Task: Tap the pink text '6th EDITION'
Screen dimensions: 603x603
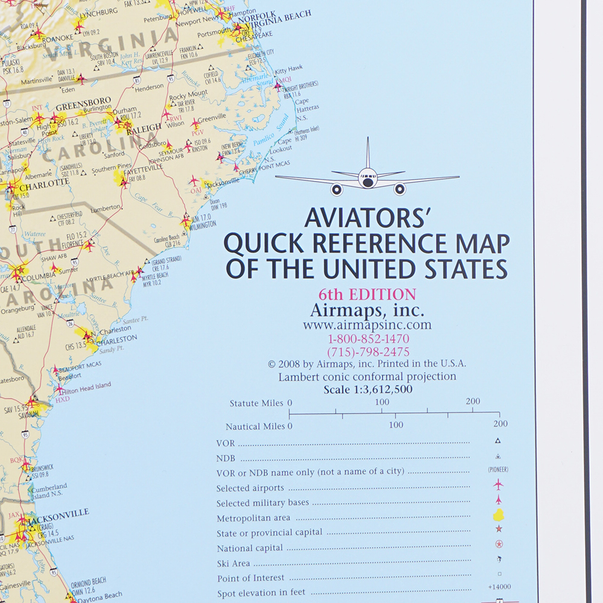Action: tap(368, 295)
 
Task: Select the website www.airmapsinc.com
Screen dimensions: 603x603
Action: tap(367, 325)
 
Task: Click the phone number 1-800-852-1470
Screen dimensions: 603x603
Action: tap(368, 339)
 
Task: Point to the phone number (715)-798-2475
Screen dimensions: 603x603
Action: tap(368, 352)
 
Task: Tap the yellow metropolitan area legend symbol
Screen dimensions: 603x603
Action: tap(499, 515)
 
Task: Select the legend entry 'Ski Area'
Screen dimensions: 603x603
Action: tap(233, 563)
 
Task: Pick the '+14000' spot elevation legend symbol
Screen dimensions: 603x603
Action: tap(499, 587)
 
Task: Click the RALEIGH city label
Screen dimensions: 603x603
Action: tap(144, 127)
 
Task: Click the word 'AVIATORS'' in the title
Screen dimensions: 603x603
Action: tap(361, 218)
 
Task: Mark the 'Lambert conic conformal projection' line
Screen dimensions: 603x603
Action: tap(367, 377)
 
